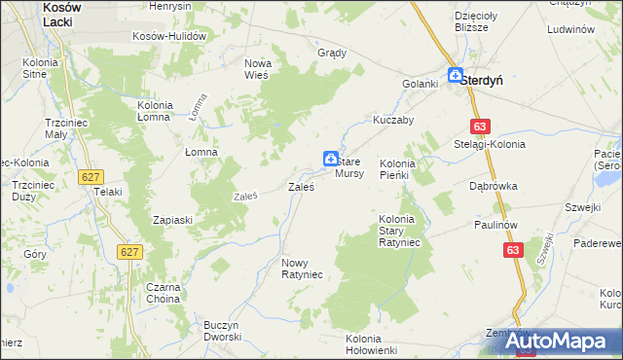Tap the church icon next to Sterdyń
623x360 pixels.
pos(455,74)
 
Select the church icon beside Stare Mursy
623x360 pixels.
pos(330,158)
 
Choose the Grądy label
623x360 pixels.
pos(333,53)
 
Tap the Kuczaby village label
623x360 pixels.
pos(394,121)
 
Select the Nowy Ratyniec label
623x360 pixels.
pos(302,269)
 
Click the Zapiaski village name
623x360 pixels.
pos(173,220)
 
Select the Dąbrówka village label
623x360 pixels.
pos(493,185)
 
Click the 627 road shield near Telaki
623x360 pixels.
pos(91,176)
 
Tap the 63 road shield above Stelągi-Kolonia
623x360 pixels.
pos(479,126)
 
